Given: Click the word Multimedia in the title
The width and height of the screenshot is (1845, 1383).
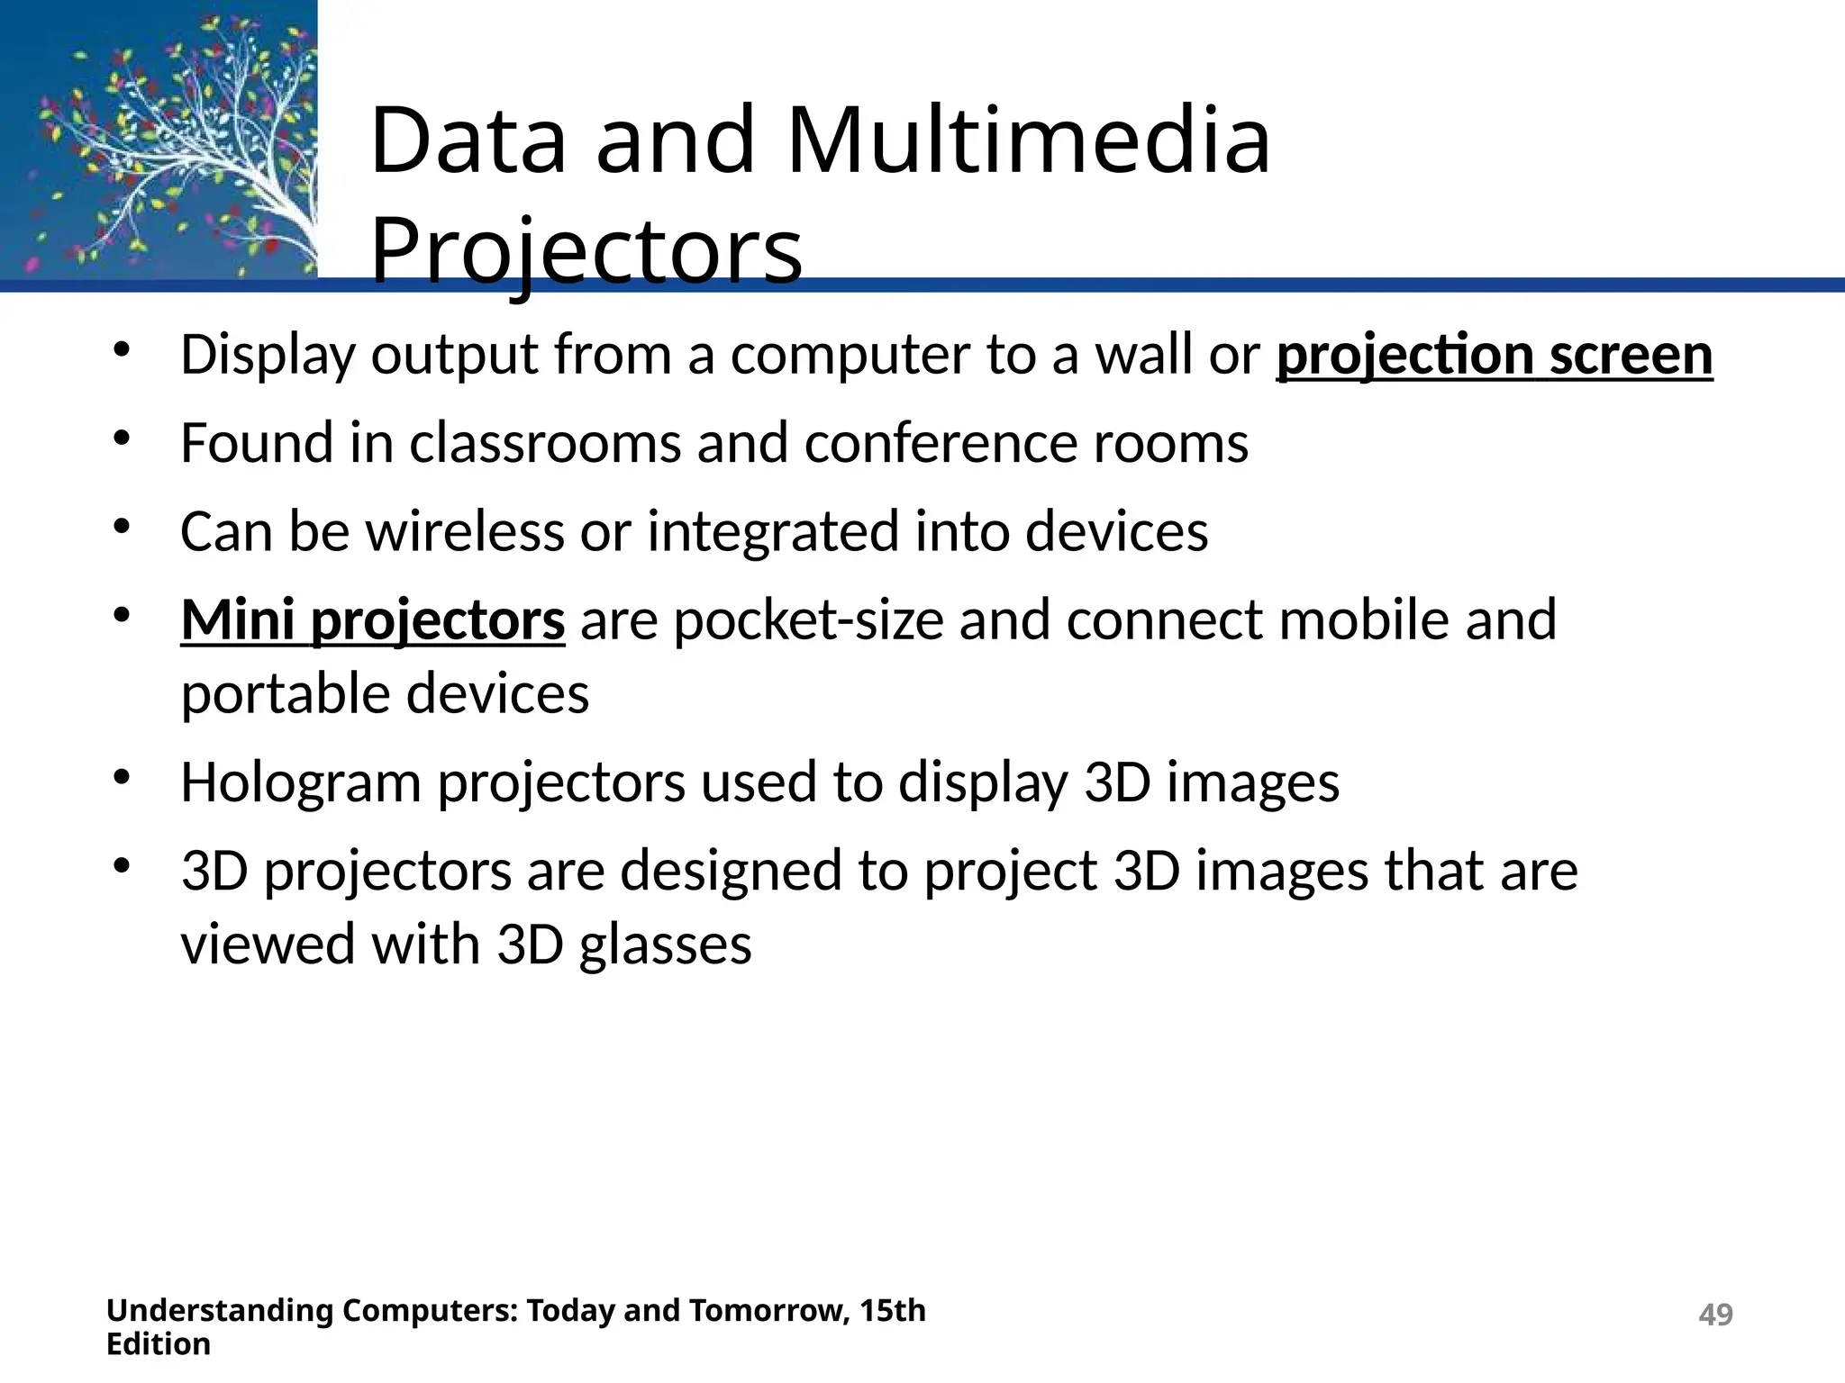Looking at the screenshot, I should tap(1028, 140).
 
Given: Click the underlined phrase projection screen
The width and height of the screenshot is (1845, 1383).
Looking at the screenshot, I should tap(1494, 355).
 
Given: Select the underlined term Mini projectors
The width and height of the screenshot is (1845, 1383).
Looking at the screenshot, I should tap(373, 620).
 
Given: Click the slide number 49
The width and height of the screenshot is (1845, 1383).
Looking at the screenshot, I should tap(1714, 1315).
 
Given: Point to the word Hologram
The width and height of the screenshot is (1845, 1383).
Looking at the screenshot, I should tap(301, 782).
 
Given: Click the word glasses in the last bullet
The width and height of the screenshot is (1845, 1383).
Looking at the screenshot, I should tap(665, 945).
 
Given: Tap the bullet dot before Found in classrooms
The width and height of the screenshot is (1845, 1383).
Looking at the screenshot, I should tap(123, 438).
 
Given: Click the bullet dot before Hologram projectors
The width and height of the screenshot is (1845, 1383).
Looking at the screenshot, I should tap(123, 777).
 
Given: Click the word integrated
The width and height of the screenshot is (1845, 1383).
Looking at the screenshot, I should tap(771, 531).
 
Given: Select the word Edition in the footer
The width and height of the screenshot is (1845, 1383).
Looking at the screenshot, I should tap(159, 1344).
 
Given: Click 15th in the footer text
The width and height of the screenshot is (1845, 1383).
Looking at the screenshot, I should tap(892, 1310).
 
